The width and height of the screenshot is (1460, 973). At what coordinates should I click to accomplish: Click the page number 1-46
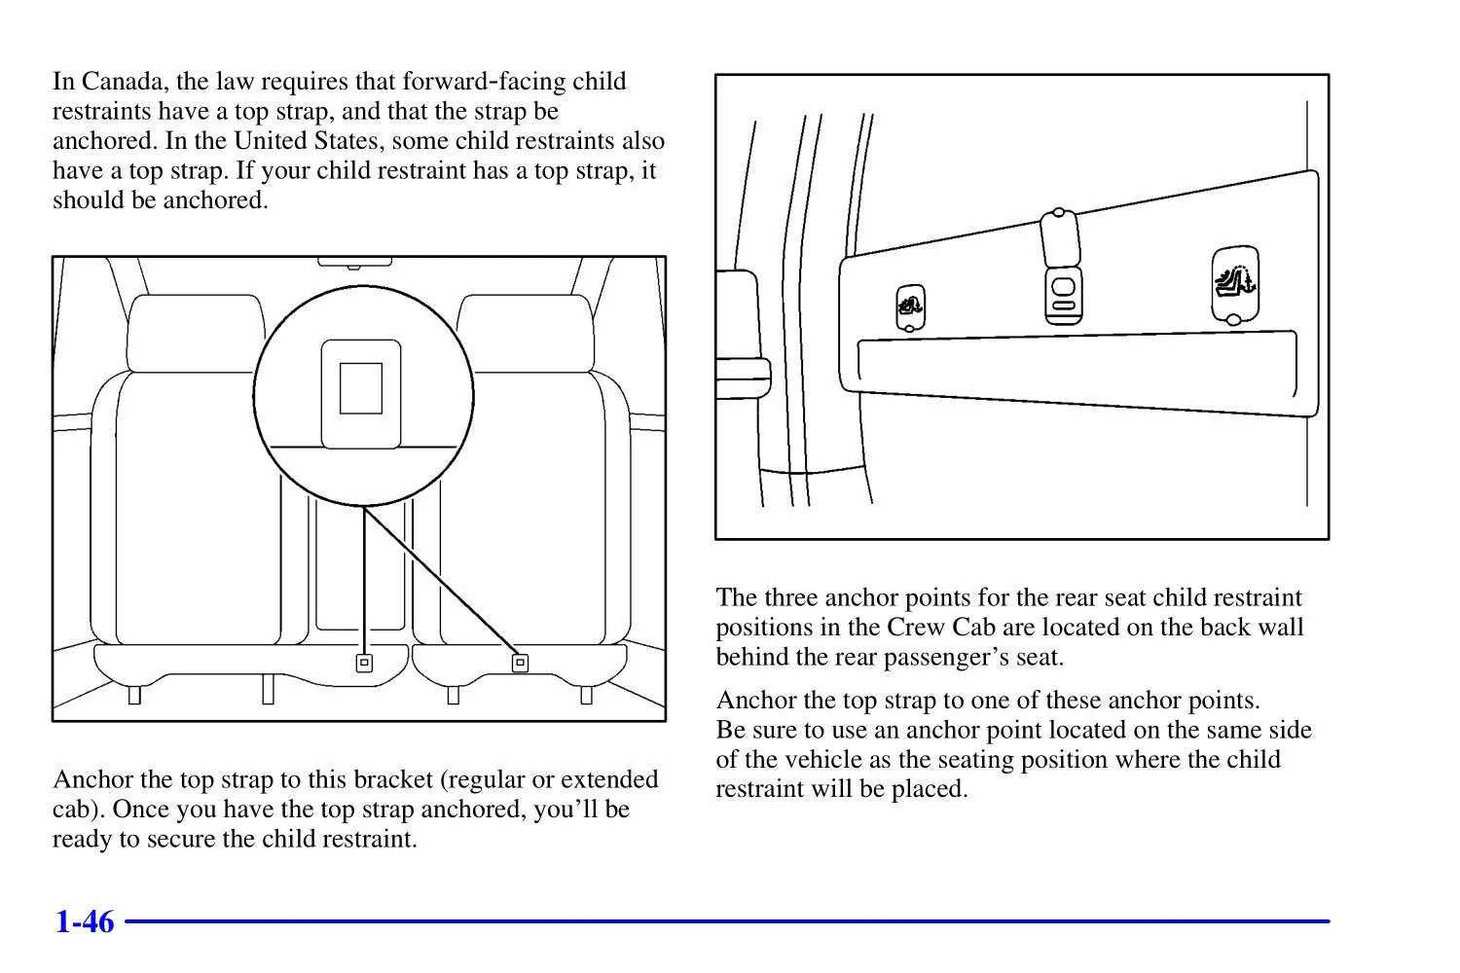click(85, 921)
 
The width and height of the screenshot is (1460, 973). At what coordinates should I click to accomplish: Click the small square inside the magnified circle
click(360, 388)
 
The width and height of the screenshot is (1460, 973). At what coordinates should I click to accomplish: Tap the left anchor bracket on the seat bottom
click(364, 664)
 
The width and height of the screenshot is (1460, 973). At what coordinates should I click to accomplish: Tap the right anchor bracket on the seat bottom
click(520, 664)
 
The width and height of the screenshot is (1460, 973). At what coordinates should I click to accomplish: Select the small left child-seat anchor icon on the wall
click(909, 307)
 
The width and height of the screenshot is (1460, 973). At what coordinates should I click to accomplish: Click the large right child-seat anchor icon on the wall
click(1234, 283)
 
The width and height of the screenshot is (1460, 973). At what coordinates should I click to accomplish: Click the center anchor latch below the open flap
click(1063, 294)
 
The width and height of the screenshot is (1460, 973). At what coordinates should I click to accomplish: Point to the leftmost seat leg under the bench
click(134, 695)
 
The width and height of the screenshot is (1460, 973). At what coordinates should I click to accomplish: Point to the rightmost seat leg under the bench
click(586, 695)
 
